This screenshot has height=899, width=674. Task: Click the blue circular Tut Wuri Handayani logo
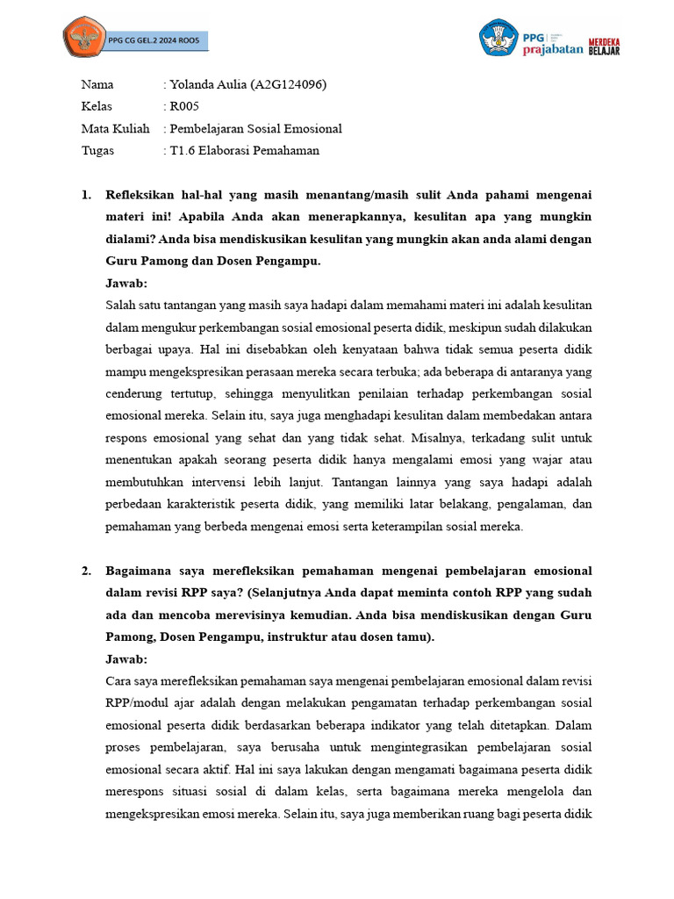pos(498,39)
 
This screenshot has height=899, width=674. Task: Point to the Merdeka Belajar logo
pos(604,46)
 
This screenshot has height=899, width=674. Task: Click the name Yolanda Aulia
pos(208,85)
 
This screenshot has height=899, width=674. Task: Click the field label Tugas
pos(97,151)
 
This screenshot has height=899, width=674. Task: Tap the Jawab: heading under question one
pos(126,284)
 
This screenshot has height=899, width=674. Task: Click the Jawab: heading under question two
pos(126,659)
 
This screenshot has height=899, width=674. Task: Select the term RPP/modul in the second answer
pos(136,703)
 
